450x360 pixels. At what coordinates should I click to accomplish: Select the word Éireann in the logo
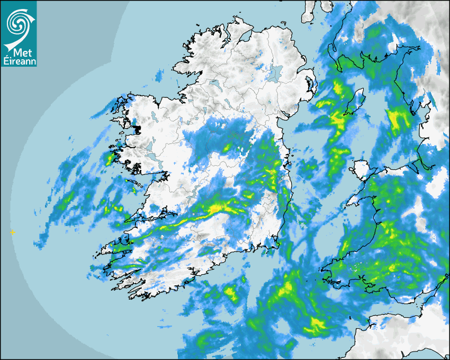[18, 62]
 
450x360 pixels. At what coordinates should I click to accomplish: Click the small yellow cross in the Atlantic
[13, 232]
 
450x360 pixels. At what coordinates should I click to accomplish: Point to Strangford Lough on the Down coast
[309, 85]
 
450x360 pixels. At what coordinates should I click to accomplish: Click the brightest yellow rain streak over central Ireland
[214, 210]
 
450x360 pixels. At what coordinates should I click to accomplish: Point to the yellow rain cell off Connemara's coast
[111, 158]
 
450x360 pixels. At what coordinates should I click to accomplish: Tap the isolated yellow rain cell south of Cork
[231, 291]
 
